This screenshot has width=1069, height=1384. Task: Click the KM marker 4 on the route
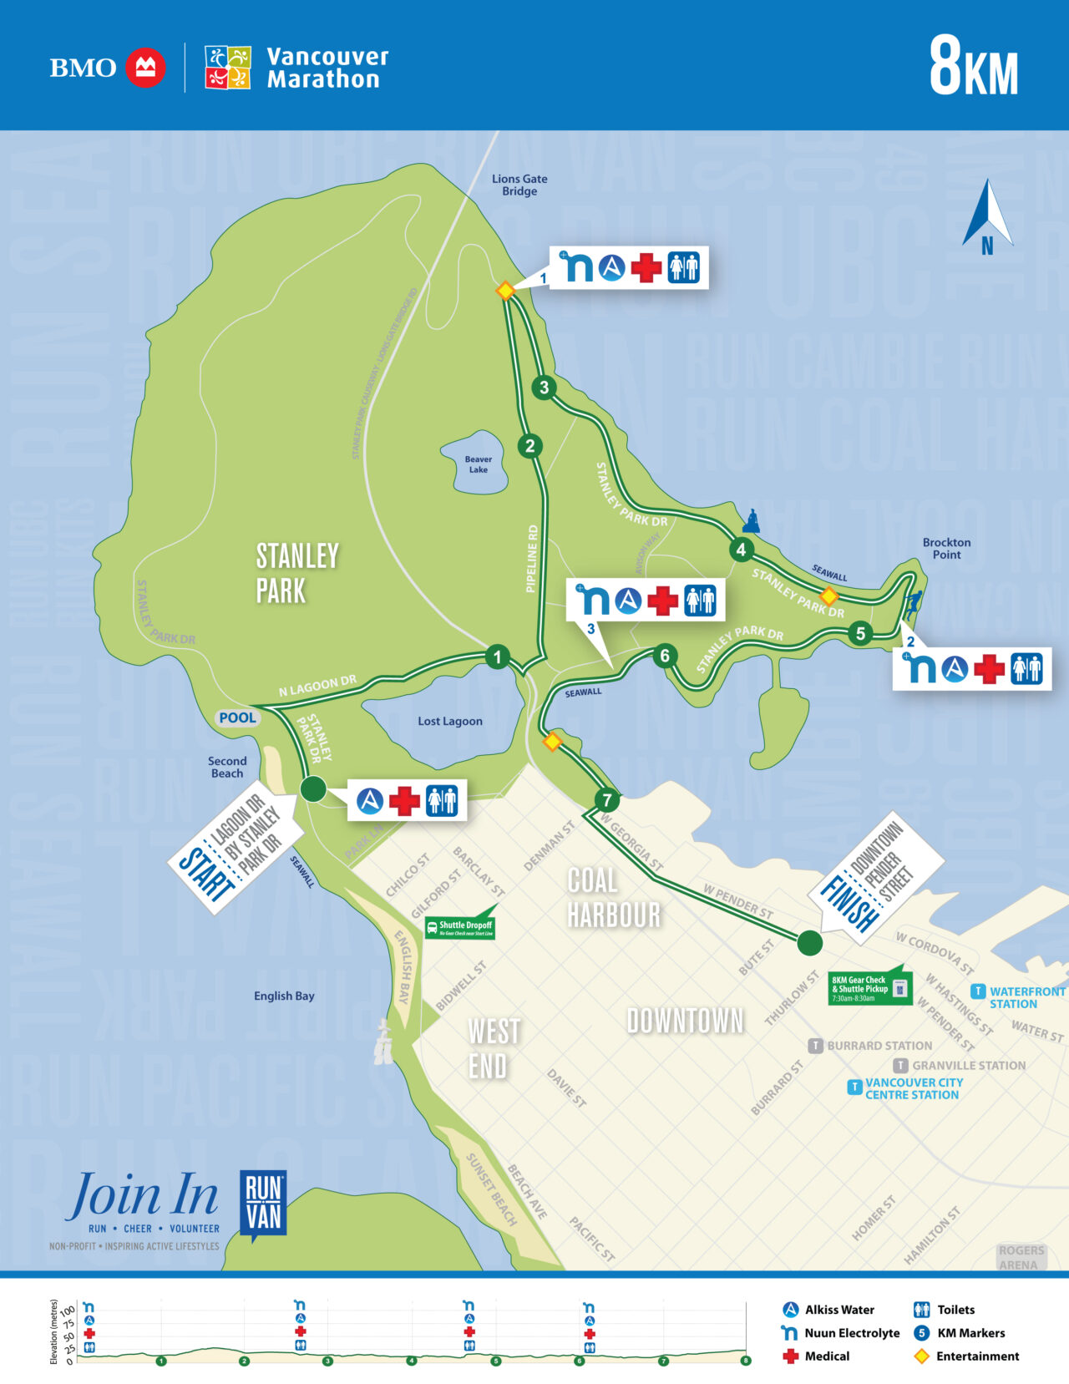click(x=741, y=550)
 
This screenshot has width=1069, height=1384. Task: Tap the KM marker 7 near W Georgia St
click(x=607, y=800)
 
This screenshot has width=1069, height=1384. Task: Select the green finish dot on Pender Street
click(x=809, y=943)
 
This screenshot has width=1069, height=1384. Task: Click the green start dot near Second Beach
click(x=312, y=788)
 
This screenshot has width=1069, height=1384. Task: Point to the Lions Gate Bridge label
click(x=519, y=185)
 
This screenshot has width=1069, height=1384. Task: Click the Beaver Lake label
click(x=479, y=464)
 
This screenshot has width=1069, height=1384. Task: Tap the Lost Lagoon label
click(x=450, y=721)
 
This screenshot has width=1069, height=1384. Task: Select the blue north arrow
click(x=987, y=215)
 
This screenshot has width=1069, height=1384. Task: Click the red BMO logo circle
click(x=145, y=68)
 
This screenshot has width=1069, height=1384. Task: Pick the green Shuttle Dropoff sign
click(x=460, y=926)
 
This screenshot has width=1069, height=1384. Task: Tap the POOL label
click(x=237, y=717)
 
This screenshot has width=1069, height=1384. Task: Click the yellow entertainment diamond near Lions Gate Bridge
click(x=505, y=291)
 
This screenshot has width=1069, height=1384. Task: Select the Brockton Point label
click(x=946, y=548)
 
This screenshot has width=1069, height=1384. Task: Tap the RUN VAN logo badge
click(x=263, y=1203)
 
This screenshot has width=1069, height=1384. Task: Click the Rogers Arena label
click(x=1021, y=1256)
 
